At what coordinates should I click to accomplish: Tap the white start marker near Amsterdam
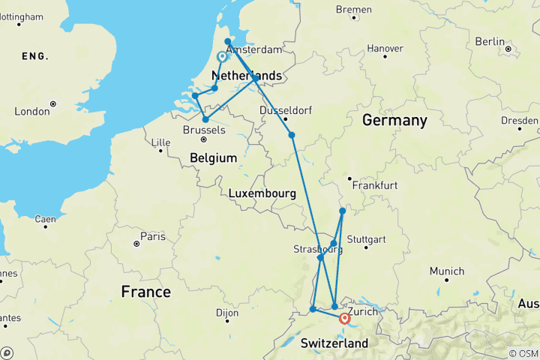tap(223, 57)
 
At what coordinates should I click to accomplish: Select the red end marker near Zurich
tap(344, 318)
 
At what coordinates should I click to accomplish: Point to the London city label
tap(31, 111)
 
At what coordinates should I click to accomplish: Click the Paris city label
tap(154, 236)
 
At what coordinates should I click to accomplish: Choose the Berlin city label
tap(490, 41)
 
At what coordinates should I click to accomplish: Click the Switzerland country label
tap(334, 343)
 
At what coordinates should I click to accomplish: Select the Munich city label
tap(447, 271)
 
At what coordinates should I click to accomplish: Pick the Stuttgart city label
tap(367, 240)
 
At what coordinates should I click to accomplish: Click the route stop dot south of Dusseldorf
tap(292, 135)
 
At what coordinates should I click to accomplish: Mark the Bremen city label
tap(353, 10)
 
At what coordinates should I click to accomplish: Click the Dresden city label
tap(520, 119)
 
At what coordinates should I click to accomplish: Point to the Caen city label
tap(45, 219)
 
